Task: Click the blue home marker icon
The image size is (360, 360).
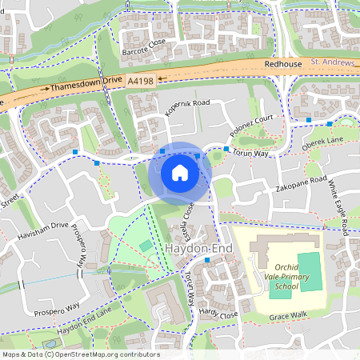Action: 180,172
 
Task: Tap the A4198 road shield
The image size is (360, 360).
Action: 140,80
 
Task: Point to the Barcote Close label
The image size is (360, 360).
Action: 145,42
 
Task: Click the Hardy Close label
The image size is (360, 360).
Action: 221,313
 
